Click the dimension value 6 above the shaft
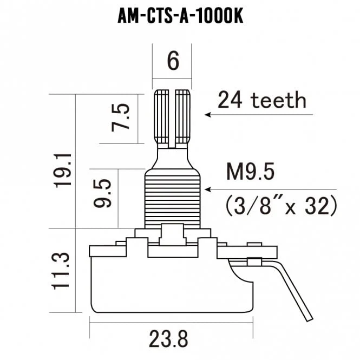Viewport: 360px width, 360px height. click(173, 61)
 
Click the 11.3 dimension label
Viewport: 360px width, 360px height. click(63, 270)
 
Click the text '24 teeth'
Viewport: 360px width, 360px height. click(261, 100)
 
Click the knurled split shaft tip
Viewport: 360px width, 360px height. click(173, 116)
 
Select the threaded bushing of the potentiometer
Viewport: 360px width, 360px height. click(173, 198)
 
